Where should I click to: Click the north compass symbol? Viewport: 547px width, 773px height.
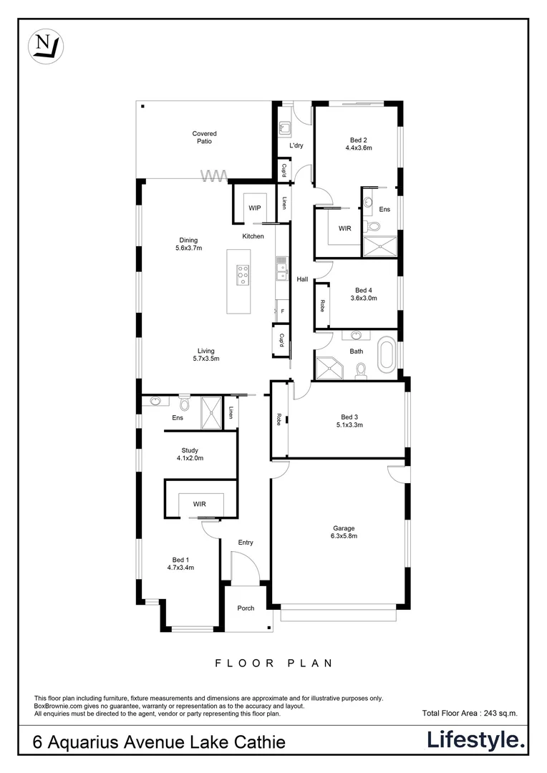pyautogui.click(x=46, y=45)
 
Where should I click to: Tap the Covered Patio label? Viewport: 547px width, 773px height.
pyautogui.click(x=204, y=137)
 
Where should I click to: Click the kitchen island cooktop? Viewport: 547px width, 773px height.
pyautogui.click(x=243, y=273)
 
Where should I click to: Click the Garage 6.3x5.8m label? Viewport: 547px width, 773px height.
pyautogui.click(x=344, y=531)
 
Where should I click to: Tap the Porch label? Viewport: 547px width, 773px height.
pyautogui.click(x=246, y=608)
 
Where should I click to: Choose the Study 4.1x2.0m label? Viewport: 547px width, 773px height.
pyautogui.click(x=190, y=454)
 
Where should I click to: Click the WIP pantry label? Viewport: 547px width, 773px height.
pyautogui.click(x=254, y=208)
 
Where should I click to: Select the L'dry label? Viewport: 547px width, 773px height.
pyautogui.click(x=296, y=146)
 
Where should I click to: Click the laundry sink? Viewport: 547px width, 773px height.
pyautogui.click(x=284, y=128)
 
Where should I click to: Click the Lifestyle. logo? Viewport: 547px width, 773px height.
pyautogui.click(x=476, y=739)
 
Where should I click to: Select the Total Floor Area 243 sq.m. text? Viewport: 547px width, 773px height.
pyautogui.click(x=470, y=713)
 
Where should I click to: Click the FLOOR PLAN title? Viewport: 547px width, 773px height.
pyautogui.click(x=274, y=663)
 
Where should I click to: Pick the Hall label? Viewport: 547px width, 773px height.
pyautogui.click(x=302, y=279)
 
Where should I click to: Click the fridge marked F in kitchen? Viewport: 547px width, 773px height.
pyautogui.click(x=282, y=311)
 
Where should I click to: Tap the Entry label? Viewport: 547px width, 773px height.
pyautogui.click(x=246, y=543)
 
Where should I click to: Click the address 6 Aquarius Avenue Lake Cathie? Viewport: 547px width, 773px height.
pyautogui.click(x=160, y=742)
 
